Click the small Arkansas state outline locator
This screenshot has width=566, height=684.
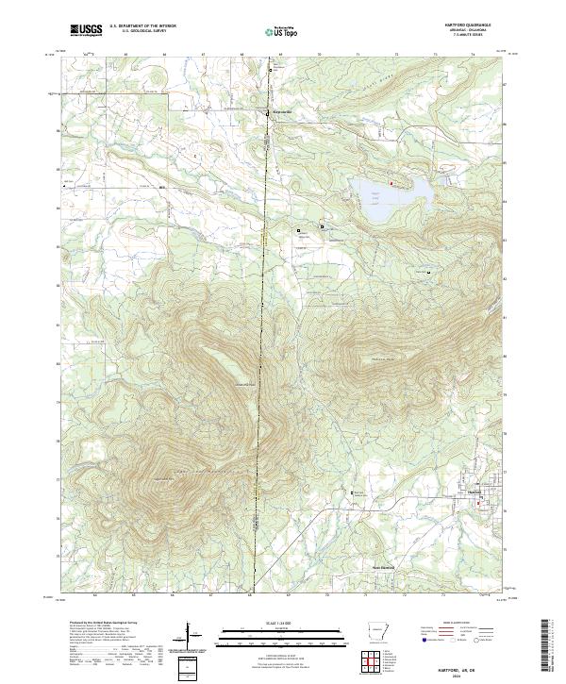(375, 633)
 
